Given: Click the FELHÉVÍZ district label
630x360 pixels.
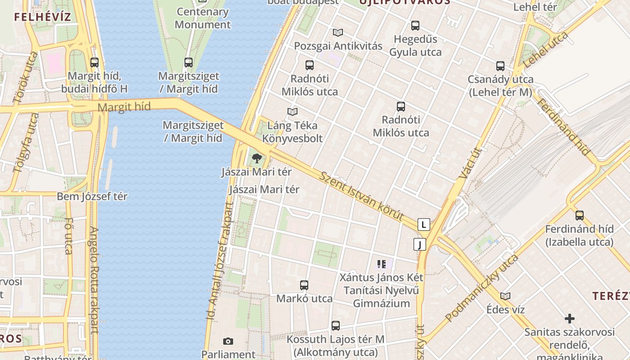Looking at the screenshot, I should pos(42,18).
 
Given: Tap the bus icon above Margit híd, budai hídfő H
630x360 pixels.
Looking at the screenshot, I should pos(94,63).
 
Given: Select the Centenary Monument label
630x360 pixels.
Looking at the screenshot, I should pos(202,18).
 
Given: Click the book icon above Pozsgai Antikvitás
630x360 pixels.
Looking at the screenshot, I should pos(338,32).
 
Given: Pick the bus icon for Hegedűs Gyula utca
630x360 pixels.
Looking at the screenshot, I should pos(415,26).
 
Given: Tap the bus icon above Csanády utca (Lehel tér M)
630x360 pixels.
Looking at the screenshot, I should pos(500,66).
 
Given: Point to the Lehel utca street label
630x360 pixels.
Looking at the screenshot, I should pos(545,50).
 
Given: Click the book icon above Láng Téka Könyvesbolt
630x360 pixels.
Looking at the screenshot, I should pos(292,112).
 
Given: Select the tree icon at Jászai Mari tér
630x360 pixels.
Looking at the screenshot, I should pos(257,158).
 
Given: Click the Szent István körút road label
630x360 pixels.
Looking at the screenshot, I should pos(361,195).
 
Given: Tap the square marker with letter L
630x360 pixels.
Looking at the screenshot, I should pos(423,224).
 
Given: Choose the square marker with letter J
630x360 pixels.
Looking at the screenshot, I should pos(420,244).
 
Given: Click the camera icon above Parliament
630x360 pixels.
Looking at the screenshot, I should pos(228,342).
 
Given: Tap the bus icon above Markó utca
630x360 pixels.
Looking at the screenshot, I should pos(304,285).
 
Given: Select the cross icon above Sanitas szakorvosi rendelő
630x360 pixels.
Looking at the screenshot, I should pos(570,319).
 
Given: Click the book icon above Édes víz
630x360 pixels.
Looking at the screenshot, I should pos(505,296).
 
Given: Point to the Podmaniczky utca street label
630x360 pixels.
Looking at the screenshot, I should pos(482,288).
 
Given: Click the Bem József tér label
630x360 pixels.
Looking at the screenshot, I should pos(92,197).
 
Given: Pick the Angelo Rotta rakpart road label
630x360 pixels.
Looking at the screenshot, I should pos(94,279).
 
